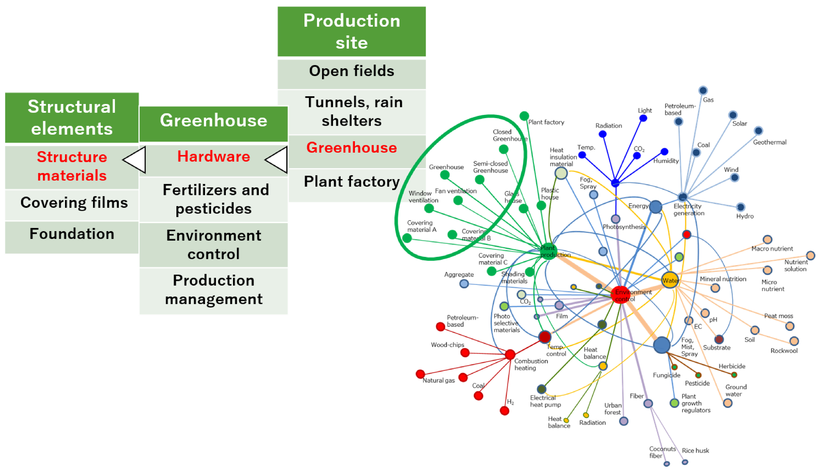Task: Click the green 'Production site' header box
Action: (x=351, y=31)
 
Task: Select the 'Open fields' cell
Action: (x=351, y=71)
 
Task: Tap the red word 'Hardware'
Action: (x=213, y=157)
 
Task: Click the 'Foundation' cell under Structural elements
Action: (x=72, y=234)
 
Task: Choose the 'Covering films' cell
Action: (x=74, y=203)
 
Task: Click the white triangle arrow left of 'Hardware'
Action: (x=135, y=159)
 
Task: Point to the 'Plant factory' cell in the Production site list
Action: (x=351, y=182)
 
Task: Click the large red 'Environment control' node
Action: (x=620, y=294)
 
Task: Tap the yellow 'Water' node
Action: (x=670, y=280)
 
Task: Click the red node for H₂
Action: (x=504, y=411)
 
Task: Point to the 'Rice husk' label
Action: (x=695, y=450)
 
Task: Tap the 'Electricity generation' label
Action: (x=689, y=210)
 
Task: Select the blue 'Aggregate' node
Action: (x=464, y=284)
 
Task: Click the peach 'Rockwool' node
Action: (x=794, y=341)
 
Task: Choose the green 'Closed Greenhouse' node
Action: (x=503, y=149)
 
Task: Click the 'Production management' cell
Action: (x=213, y=290)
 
